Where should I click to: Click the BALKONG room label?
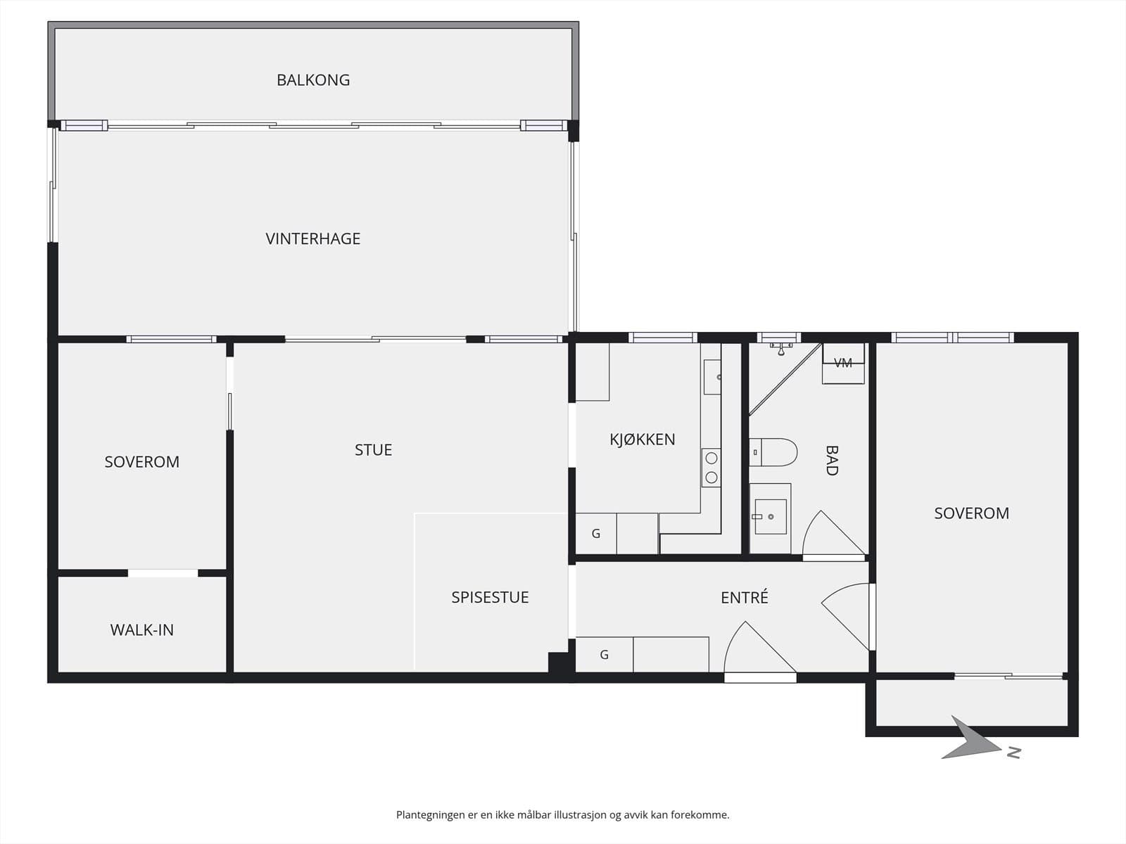313,80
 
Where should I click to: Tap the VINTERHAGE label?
313,239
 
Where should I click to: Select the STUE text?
374,450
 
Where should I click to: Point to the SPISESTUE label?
490,598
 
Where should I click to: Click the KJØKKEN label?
643,439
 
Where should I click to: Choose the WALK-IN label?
142,630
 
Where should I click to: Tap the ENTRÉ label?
745,598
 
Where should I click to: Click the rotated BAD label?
832,460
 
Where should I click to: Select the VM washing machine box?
843,364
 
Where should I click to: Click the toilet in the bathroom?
773,452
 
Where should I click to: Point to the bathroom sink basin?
771,516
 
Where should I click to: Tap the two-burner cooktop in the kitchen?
711,468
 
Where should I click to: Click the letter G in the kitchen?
595,534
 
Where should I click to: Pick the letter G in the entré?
605,655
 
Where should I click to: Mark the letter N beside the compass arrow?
1013,753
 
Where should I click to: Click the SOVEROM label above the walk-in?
142,462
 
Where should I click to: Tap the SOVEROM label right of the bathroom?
972,513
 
